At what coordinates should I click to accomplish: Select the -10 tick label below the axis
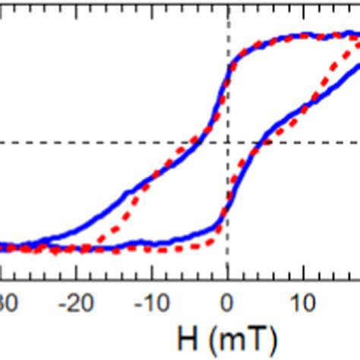tap(153, 305)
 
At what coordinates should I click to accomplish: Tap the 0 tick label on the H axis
tap(228, 305)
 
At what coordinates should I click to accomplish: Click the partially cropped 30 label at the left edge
tap(6, 305)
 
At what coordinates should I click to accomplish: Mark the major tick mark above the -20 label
tap(77, 279)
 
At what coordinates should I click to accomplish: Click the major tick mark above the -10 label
tap(153, 279)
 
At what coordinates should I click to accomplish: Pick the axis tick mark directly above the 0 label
tap(228, 279)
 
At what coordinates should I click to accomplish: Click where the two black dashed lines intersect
tap(228, 142)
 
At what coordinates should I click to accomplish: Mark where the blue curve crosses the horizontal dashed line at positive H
tap(261, 142)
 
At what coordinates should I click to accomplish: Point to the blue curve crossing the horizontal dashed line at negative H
tap(195, 142)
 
